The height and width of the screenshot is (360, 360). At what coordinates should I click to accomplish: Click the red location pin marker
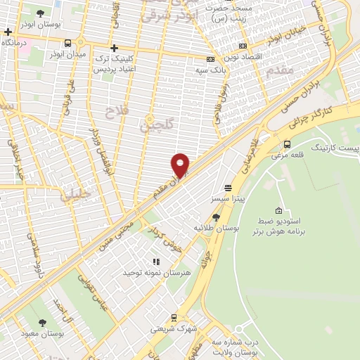coord(181,165)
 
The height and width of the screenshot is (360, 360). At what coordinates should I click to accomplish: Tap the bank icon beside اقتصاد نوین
coord(211,59)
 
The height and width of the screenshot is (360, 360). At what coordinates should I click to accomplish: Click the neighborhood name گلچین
coord(155,127)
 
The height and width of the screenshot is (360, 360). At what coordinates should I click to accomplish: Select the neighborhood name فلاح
coord(115,112)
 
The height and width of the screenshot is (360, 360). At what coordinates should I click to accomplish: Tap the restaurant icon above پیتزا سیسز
coord(228,188)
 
